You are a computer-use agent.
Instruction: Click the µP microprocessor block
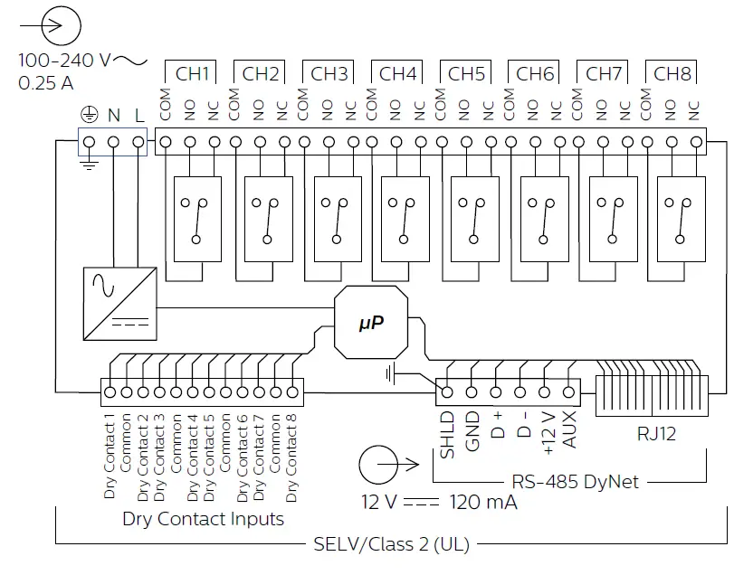pos(371,323)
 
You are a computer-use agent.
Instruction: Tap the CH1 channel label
pos(191,74)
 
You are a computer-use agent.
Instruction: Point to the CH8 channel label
pos(672,74)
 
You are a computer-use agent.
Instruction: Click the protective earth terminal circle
pos(91,142)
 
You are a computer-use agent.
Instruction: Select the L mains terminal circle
pos(138,142)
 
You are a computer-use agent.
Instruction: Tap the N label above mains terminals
pos(114,117)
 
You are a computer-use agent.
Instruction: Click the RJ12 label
pos(657,435)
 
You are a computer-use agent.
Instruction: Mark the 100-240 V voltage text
pos(64,61)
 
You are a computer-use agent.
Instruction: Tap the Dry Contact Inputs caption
pos(203,519)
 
